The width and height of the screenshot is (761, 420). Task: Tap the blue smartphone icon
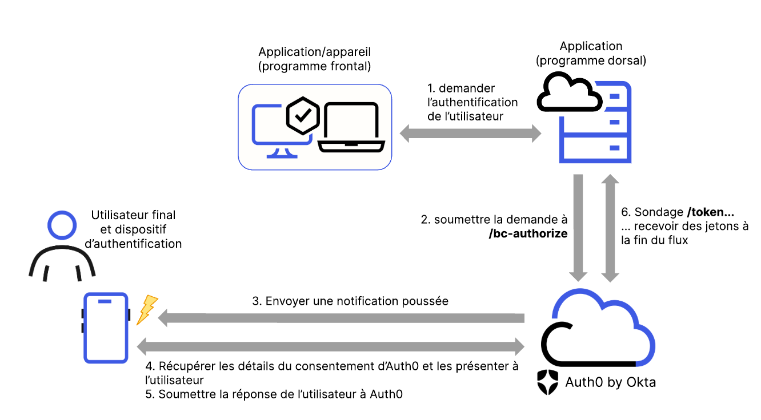pyautogui.click(x=106, y=328)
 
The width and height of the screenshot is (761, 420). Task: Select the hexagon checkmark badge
pyautogui.click(x=302, y=115)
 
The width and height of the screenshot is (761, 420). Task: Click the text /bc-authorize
pyautogui.click(x=528, y=233)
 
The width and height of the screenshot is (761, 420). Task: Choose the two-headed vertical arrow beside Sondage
pyautogui.click(x=610, y=228)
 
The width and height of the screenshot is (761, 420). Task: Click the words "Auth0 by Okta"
pyautogui.click(x=610, y=382)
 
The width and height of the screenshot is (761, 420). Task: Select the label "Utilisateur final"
pyautogui.click(x=133, y=216)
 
